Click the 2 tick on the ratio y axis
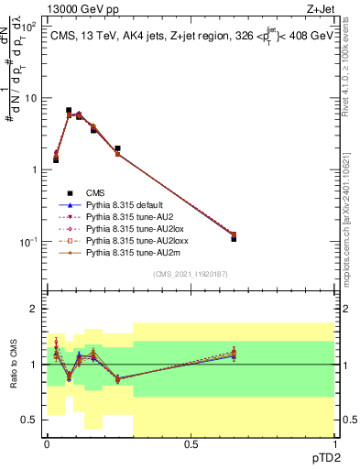(34, 310)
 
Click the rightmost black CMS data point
(234, 238)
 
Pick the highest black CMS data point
(69, 110)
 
